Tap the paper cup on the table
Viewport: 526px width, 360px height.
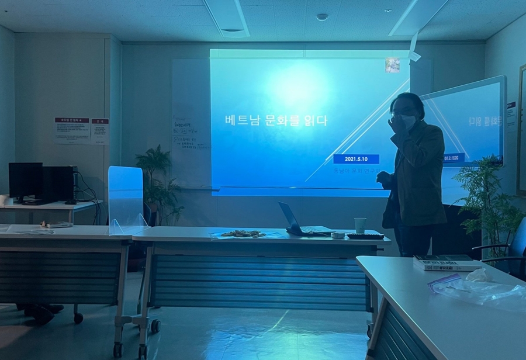tap(360, 225)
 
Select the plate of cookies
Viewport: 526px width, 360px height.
tap(243, 234)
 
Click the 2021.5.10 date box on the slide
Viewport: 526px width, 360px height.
tap(356, 159)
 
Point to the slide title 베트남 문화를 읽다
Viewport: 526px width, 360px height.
tap(276, 121)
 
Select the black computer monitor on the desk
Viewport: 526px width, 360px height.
tap(25, 181)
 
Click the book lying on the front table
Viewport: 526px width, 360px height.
tap(446, 262)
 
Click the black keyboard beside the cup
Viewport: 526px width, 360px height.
tap(365, 236)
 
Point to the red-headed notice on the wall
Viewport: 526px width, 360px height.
tap(72, 130)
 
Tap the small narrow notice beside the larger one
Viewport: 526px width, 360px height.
tap(99, 130)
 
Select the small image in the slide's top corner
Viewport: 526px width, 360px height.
tap(392, 65)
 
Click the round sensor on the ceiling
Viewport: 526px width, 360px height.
tap(322, 17)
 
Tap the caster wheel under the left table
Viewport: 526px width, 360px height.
tap(78, 319)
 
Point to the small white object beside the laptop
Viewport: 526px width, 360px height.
tap(337, 235)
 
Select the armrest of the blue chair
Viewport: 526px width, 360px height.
tap(497, 249)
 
